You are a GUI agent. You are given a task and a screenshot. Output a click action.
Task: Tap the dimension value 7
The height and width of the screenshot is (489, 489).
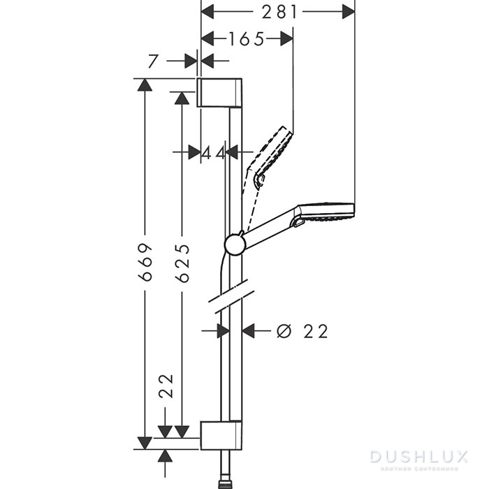tap(154, 61)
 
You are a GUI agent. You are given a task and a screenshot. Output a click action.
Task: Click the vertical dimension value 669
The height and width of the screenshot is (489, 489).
tap(145, 263)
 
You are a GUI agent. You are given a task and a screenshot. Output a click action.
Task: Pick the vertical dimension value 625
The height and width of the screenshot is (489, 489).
tap(182, 263)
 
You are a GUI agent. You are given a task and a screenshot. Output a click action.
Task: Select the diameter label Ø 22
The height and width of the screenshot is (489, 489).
tap(302, 331)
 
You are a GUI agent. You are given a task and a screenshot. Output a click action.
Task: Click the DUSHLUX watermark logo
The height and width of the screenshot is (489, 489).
tap(418, 458)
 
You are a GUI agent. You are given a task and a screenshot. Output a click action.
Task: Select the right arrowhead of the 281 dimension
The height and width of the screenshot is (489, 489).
tap(347, 11)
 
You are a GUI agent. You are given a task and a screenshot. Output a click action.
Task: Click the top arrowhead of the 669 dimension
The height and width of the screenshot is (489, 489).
tap(145, 86)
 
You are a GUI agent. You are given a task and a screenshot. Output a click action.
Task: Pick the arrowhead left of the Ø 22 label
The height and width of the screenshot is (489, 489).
tap(249, 331)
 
